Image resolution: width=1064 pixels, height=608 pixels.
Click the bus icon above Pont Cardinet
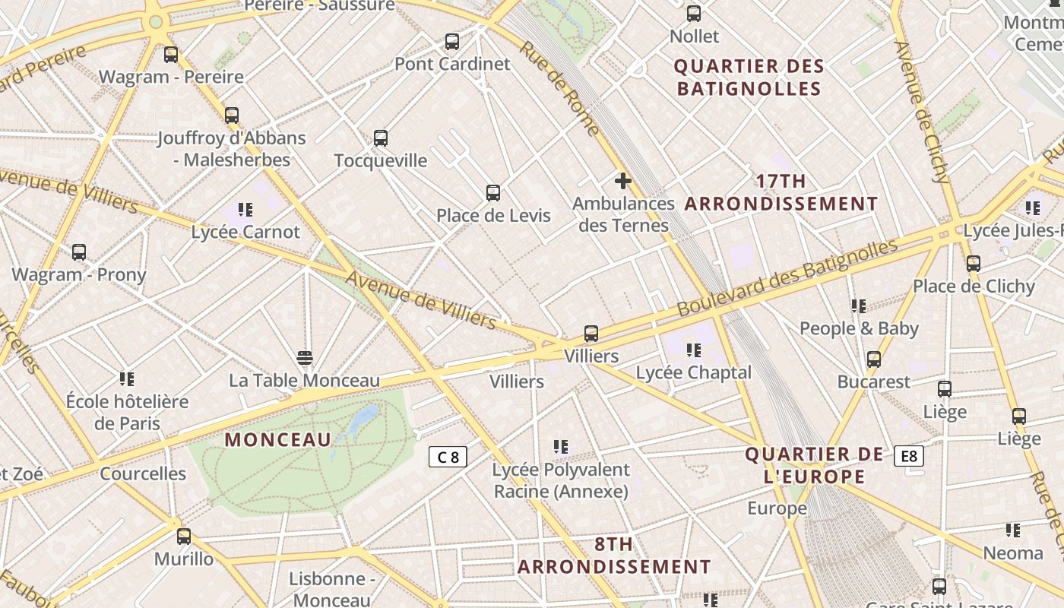(x=452, y=42)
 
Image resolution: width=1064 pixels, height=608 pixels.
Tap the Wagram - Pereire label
(x=171, y=77)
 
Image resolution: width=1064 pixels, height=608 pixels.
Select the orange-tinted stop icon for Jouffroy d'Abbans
(x=232, y=116)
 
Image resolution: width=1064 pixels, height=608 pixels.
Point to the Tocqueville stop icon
(x=381, y=138)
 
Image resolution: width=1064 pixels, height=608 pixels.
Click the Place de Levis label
(x=493, y=216)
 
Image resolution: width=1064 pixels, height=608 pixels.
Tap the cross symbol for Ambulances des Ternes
(x=623, y=181)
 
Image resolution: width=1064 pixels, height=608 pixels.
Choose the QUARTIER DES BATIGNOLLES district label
(x=749, y=78)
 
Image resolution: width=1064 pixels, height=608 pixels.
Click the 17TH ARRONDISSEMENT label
(x=781, y=192)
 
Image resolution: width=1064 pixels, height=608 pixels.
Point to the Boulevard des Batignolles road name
(x=787, y=278)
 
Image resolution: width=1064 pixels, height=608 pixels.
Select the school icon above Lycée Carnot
(x=245, y=209)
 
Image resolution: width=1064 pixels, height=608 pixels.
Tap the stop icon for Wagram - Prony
(x=79, y=252)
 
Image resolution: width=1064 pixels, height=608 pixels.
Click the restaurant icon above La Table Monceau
(x=305, y=357)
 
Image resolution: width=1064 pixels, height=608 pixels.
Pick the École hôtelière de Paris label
(x=127, y=412)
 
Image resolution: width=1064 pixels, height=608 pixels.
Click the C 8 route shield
(x=448, y=457)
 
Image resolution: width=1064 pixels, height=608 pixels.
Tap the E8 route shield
(x=909, y=456)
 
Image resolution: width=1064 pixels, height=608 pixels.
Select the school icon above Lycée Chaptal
(x=693, y=350)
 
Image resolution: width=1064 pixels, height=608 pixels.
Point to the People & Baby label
(x=859, y=329)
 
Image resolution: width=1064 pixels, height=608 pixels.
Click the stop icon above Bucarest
(x=874, y=359)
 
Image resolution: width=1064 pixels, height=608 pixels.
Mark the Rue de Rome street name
(x=560, y=88)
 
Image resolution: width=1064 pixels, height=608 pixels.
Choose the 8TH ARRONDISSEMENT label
(x=614, y=556)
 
